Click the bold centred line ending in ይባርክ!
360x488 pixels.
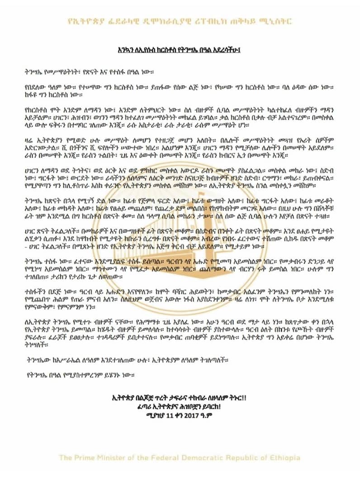pos(180,405)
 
